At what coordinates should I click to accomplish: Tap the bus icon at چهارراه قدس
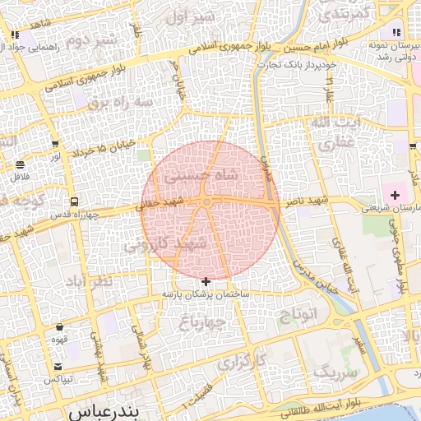[x=75, y=201]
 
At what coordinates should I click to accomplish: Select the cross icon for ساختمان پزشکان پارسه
[x=206, y=282]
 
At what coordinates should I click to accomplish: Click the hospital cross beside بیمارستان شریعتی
[x=396, y=195]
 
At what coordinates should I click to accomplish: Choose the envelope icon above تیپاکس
[x=58, y=366]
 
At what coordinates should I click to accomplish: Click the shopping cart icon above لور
[x=55, y=144]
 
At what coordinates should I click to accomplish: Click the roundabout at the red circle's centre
[x=210, y=202]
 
